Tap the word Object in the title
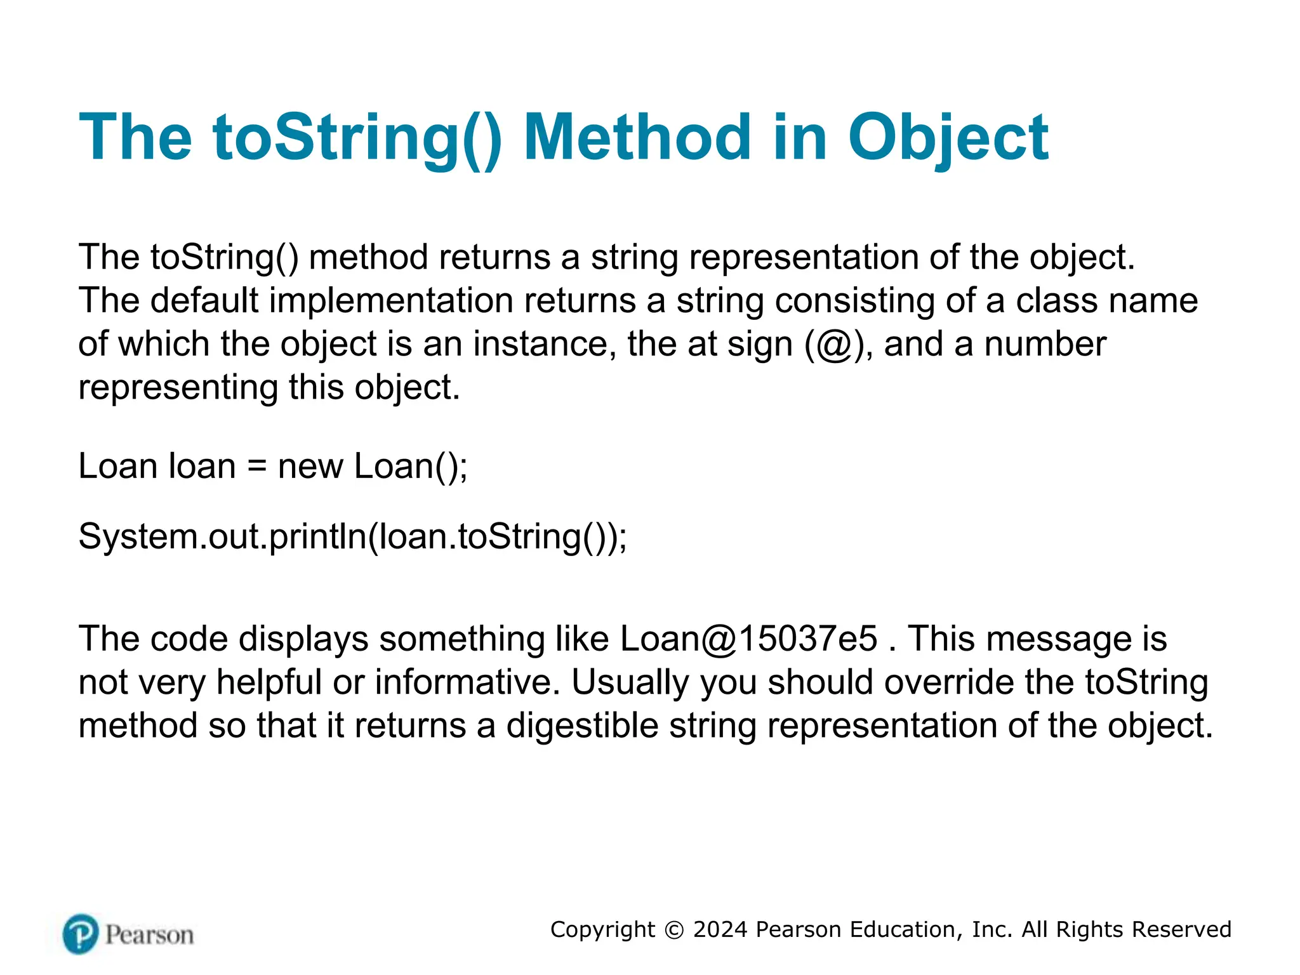pyautogui.click(x=948, y=138)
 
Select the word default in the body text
pyautogui.click(x=204, y=300)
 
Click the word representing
pyautogui.click(x=178, y=388)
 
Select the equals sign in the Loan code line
pyautogui.click(x=256, y=467)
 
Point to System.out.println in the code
pyautogui.click(x=222, y=537)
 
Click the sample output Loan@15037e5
pyautogui.click(x=749, y=639)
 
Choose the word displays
pyautogui.click(x=303, y=639)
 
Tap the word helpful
pyautogui.click(x=269, y=682)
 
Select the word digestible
pyautogui.click(x=582, y=726)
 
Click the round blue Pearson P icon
pyautogui.click(x=81, y=934)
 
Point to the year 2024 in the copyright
pyautogui.click(x=720, y=929)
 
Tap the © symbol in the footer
pyautogui.click(x=674, y=930)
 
